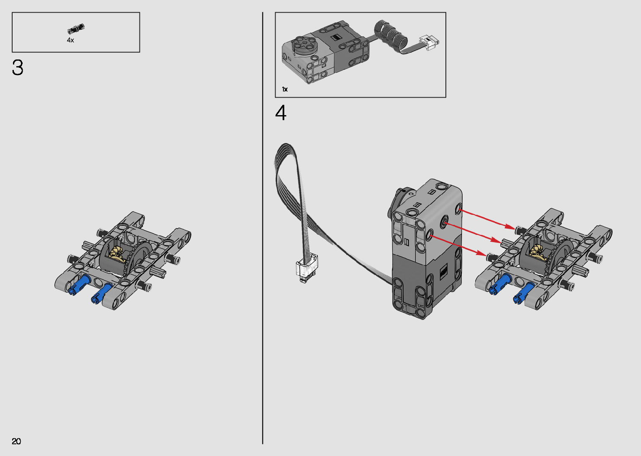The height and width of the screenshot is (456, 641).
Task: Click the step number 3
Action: click(18, 67)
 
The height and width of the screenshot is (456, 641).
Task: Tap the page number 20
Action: click(16, 441)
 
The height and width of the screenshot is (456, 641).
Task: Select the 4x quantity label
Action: click(70, 40)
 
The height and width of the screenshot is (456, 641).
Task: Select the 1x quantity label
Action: click(285, 89)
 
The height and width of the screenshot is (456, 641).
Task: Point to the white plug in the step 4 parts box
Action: click(429, 43)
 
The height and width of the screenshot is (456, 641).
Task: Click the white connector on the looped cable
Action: click(306, 268)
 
